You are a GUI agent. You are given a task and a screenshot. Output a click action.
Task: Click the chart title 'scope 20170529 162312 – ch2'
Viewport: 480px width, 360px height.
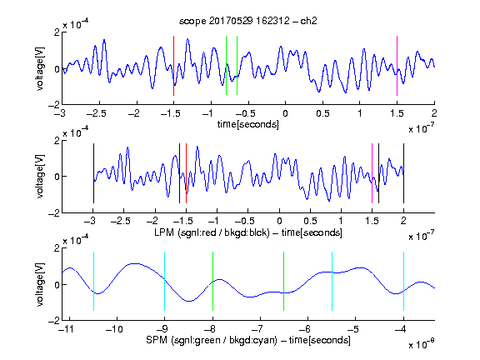(248, 21)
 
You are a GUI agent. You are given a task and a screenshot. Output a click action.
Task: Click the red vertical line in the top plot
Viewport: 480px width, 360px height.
(173, 66)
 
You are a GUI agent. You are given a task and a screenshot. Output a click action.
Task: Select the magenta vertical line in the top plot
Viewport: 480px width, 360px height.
(397, 66)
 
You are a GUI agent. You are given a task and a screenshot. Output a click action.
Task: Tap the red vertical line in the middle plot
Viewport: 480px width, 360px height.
(186, 173)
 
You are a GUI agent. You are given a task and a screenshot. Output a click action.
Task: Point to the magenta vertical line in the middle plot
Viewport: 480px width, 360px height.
(372, 173)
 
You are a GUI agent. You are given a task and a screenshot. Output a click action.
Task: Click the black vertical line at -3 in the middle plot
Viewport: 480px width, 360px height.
(93, 173)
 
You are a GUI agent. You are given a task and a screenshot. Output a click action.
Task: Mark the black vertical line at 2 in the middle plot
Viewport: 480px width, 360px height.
(403, 173)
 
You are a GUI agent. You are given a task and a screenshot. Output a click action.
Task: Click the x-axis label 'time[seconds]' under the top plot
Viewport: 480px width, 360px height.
(248, 124)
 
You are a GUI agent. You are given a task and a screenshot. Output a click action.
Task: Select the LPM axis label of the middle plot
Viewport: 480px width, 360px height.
(248, 232)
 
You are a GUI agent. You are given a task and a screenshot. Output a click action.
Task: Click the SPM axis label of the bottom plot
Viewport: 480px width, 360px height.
(248, 340)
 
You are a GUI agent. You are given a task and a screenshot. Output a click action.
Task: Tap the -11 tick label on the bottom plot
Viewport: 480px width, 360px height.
(67, 329)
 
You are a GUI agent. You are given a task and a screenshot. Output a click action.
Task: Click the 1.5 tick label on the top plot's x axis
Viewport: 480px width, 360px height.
(397, 113)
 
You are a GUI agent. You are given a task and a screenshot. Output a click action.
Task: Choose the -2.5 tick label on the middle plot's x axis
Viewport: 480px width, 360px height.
(120, 221)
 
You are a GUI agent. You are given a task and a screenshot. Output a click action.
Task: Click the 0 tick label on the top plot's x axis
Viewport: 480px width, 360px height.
(285, 113)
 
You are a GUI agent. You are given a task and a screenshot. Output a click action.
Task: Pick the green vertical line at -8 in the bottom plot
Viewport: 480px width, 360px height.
(212, 281)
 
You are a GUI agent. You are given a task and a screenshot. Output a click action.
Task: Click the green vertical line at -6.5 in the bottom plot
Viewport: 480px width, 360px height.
(284, 281)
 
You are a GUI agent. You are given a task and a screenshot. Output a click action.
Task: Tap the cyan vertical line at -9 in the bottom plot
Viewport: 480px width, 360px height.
(164, 281)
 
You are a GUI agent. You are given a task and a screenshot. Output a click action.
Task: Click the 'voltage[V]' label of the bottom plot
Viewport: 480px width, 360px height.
(40, 284)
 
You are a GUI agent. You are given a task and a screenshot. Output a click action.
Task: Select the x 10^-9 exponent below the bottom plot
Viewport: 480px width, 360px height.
(422, 344)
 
